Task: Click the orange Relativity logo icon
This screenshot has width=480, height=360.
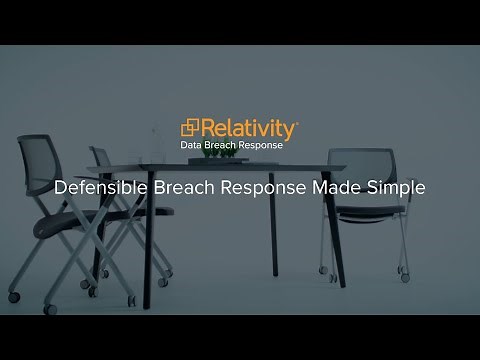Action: click(190, 129)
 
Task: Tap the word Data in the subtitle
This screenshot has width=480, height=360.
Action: click(190, 147)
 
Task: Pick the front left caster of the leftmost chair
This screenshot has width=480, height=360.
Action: click(14, 297)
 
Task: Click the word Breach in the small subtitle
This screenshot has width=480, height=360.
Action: click(223, 147)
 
